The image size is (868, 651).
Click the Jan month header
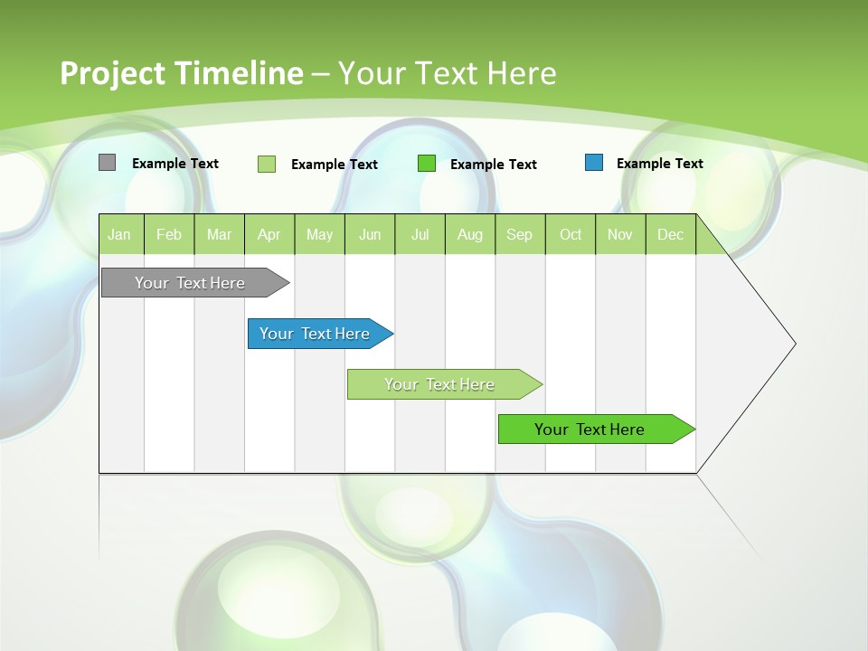119,234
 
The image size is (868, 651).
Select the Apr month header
269,234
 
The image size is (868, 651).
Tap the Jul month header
420,234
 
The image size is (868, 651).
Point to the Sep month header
519,234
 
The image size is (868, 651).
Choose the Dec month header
670,234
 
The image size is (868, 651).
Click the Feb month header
169,234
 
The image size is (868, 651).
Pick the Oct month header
571,234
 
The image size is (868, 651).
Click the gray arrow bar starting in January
190,283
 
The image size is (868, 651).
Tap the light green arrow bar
439,384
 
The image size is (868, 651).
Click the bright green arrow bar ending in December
590,429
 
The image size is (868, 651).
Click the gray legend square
107,163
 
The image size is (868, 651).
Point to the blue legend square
594,163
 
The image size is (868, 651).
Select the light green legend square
267,164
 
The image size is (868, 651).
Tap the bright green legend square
427,164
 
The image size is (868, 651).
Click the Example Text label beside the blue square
659,164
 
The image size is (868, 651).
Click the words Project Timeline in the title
181,73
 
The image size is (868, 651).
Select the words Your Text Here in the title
448,73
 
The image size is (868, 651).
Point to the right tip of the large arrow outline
794,344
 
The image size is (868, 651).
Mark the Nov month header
620,234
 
